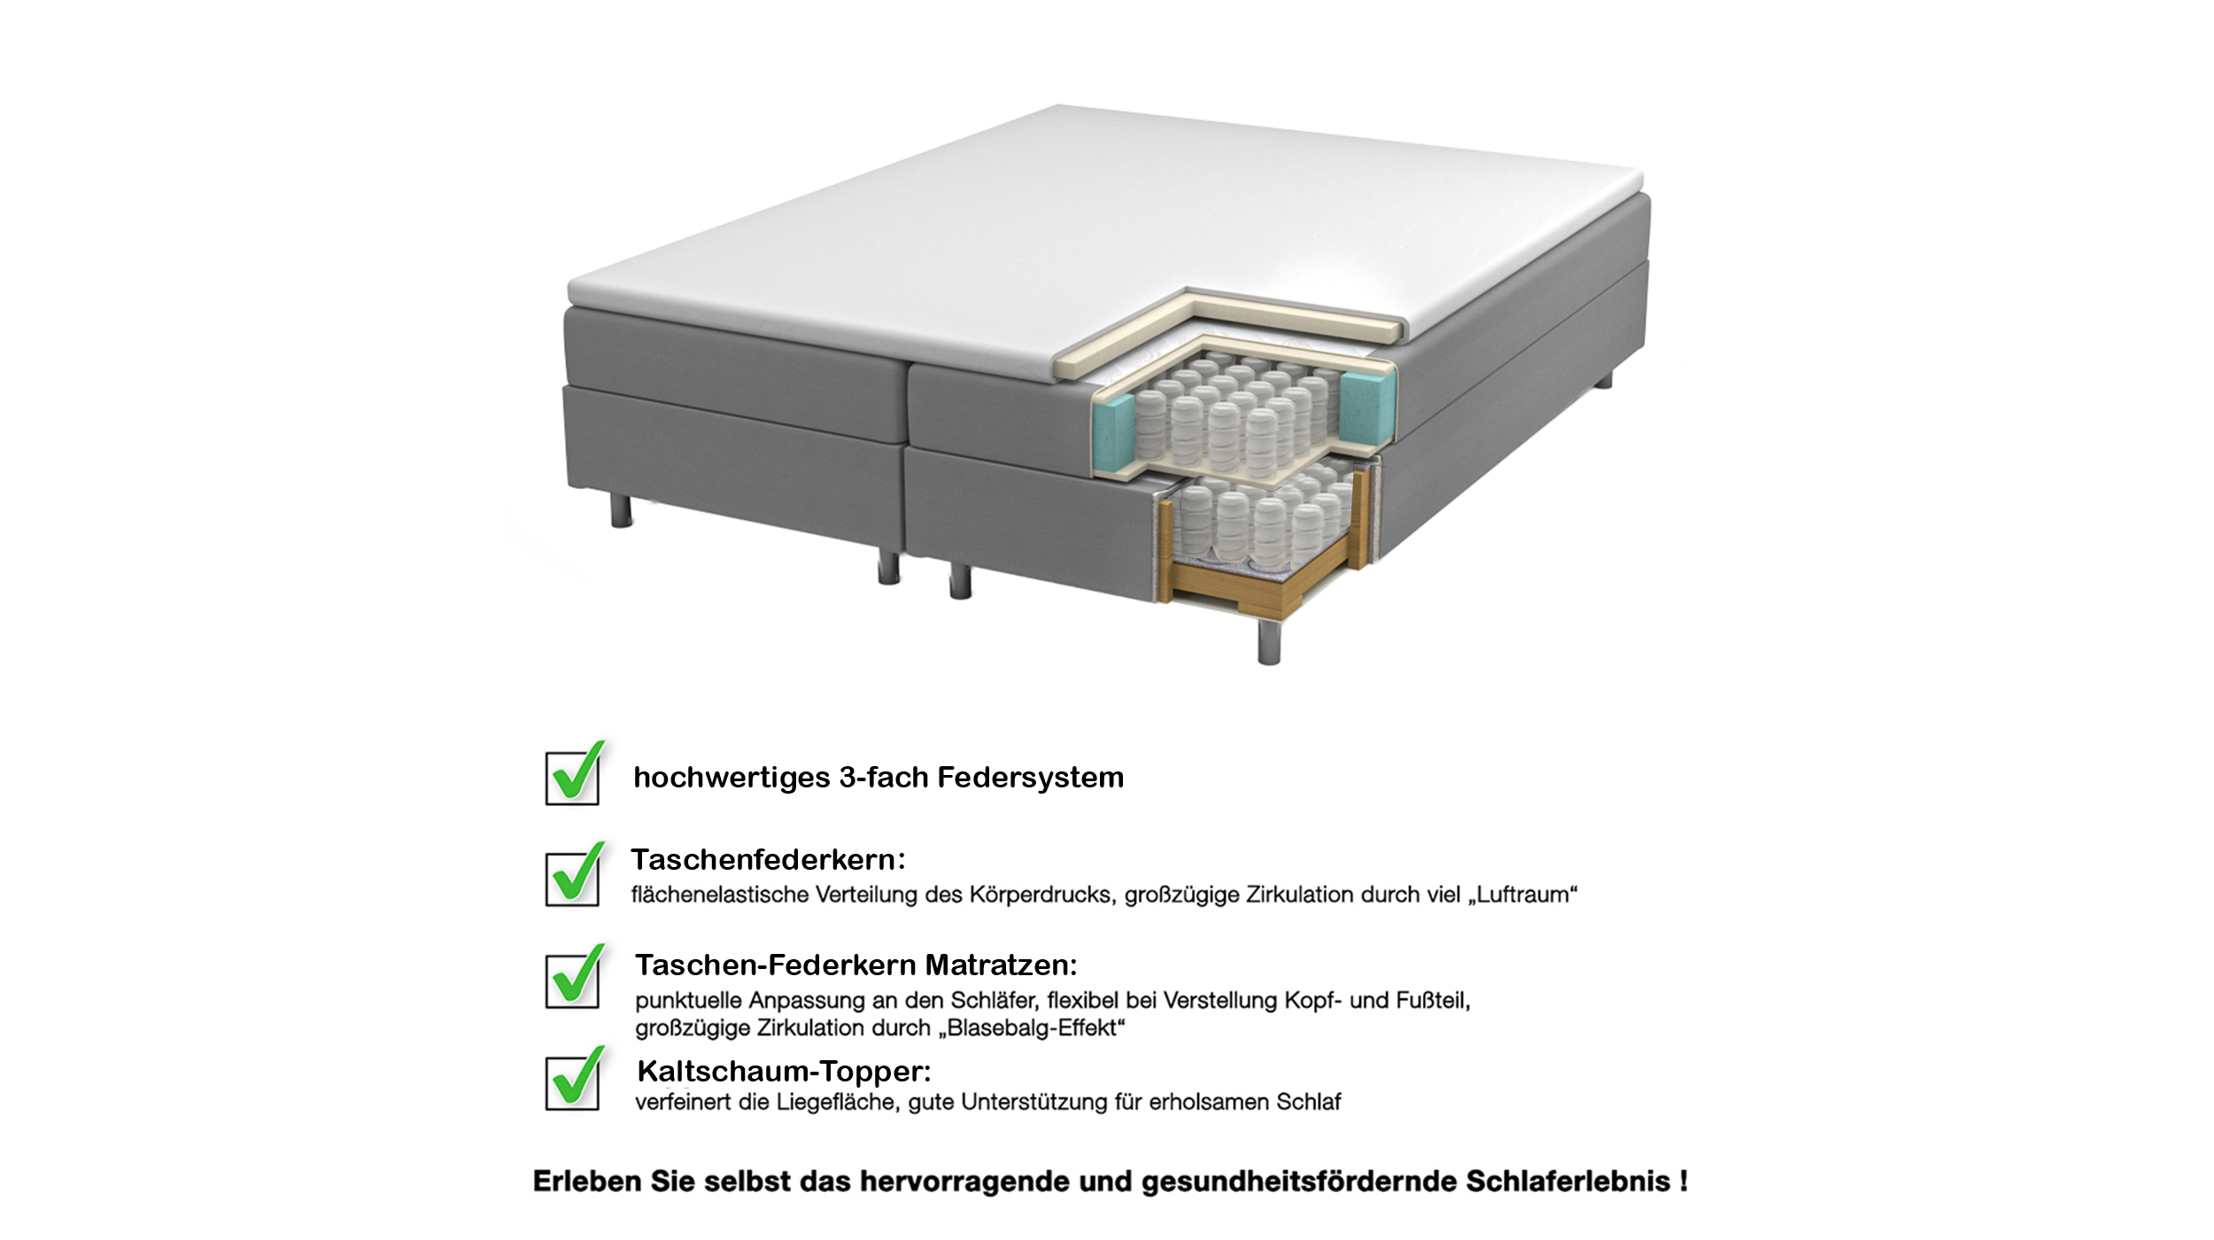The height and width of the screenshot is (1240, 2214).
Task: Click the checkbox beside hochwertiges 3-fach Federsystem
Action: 572,778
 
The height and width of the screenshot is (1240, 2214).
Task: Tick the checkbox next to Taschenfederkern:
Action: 572,879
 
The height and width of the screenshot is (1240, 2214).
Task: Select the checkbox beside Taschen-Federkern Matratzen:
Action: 572,980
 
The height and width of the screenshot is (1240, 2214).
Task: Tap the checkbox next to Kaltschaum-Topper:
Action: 572,1082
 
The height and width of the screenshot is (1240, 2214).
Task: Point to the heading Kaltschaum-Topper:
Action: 784,1072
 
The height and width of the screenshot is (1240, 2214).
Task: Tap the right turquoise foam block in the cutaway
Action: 1366,406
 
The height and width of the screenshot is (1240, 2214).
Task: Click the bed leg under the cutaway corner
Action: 1269,642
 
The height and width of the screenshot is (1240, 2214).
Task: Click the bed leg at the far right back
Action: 1604,381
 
